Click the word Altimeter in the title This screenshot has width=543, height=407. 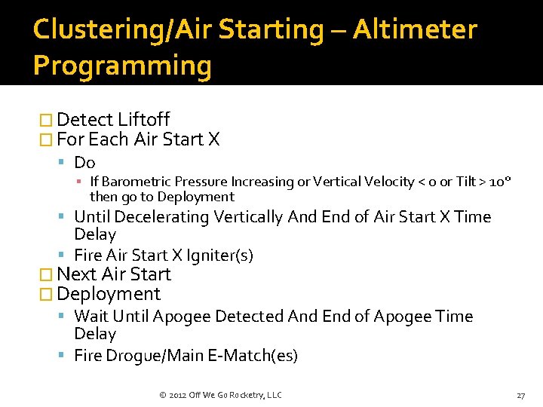tap(415, 29)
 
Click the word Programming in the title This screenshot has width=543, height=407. tap(122, 66)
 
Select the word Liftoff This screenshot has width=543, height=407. tap(144, 120)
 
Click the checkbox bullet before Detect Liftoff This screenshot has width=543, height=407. tap(45, 120)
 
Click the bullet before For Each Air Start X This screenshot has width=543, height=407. tap(45, 139)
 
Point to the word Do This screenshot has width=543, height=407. tap(84, 162)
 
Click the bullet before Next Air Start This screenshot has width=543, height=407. tap(45, 274)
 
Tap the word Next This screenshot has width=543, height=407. tap(76, 274)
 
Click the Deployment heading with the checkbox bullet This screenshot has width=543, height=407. tap(109, 294)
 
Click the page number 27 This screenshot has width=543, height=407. tap(520, 395)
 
